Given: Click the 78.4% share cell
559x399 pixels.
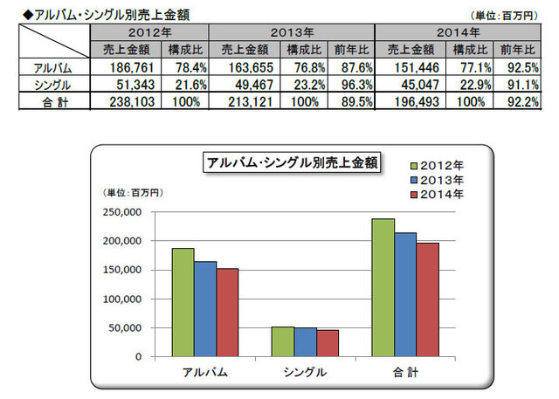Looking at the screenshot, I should (x=190, y=66).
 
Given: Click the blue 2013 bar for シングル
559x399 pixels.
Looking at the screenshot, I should (x=304, y=342).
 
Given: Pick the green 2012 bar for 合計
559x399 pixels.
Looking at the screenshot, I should (x=383, y=287).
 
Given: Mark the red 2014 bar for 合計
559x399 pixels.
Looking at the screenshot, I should (x=426, y=299).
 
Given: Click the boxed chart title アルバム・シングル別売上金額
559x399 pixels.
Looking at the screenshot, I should (x=290, y=162).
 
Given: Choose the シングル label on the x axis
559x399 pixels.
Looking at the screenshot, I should (x=305, y=372).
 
